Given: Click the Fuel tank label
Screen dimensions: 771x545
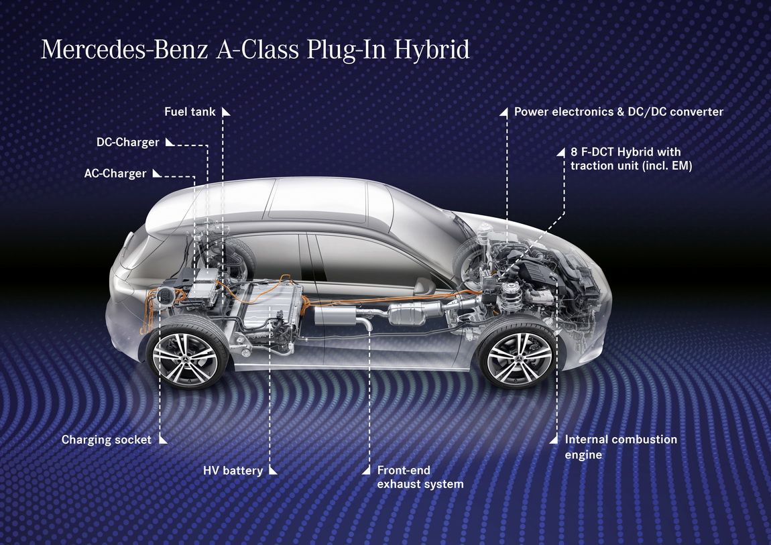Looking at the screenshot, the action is [x=190, y=111].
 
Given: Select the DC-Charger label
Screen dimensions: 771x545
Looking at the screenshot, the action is [x=128, y=142].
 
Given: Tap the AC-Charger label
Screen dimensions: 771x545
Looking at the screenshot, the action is [x=115, y=174].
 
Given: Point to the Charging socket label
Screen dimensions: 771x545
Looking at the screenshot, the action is [x=106, y=439].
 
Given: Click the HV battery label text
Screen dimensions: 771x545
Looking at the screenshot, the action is [x=233, y=471].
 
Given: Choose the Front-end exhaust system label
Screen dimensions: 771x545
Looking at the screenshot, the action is [x=420, y=477].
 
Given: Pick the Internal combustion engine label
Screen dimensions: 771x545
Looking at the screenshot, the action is [x=621, y=446].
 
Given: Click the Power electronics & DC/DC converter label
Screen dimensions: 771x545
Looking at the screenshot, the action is [x=619, y=111].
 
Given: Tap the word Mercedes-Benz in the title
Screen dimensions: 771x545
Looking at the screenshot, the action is [x=125, y=50].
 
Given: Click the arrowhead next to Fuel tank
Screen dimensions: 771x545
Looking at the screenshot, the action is [x=226, y=111].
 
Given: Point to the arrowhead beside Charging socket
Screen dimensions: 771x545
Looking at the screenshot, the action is [x=163, y=439].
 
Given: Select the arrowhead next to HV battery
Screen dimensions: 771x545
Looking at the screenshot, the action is [x=273, y=471].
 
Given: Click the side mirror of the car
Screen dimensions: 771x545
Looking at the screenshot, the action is [x=424, y=286].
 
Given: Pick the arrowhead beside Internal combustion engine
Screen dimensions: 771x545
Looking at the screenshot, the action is [x=553, y=439].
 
